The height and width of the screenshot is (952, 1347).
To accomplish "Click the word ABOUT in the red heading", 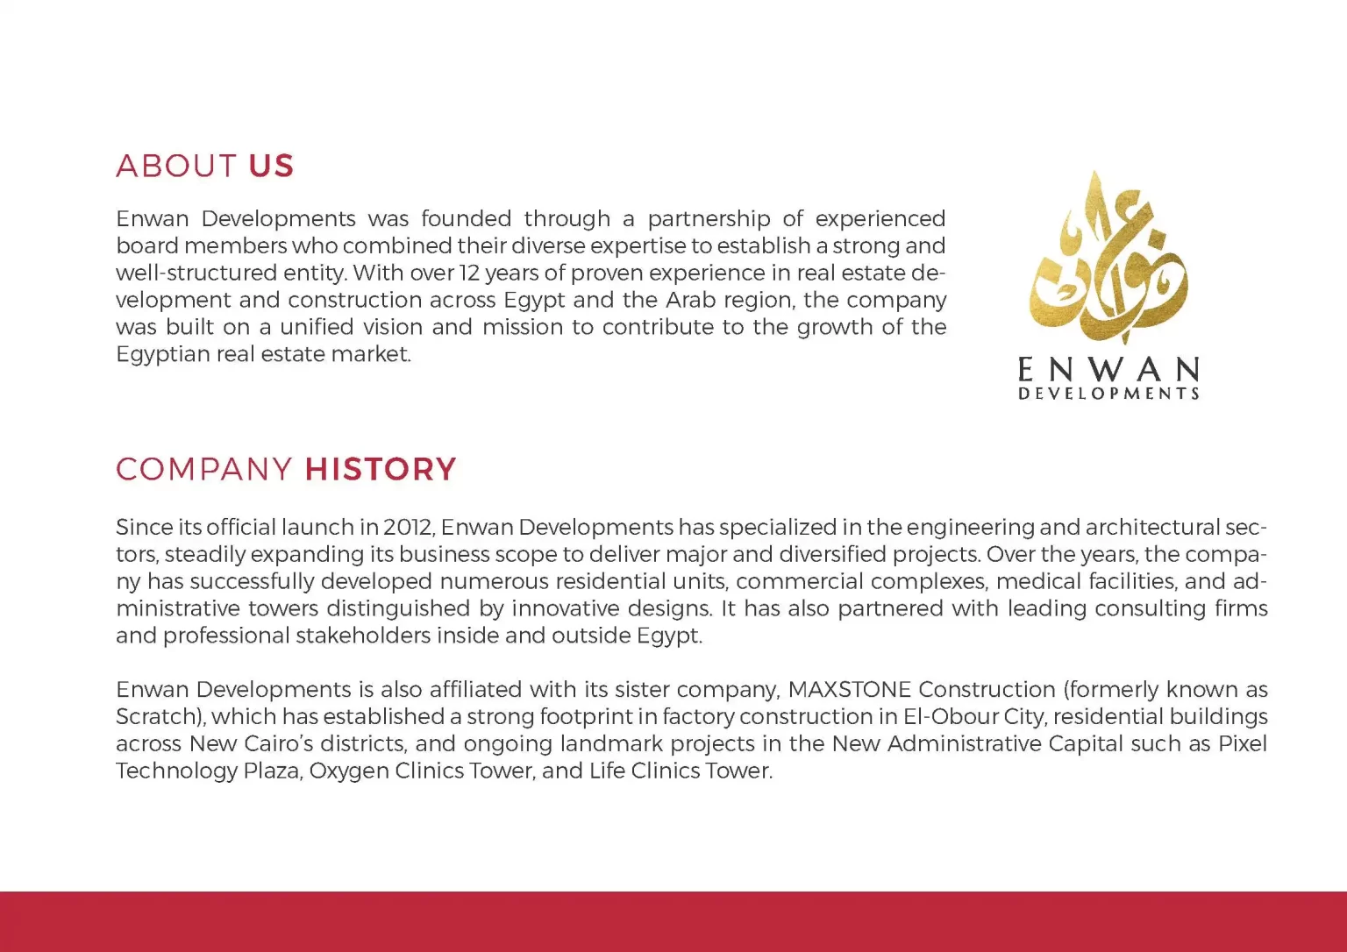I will [x=175, y=166].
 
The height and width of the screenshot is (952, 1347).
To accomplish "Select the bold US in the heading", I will [x=271, y=166].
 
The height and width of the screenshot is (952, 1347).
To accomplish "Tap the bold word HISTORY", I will [x=381, y=469].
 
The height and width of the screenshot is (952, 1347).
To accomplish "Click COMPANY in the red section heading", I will [x=203, y=469].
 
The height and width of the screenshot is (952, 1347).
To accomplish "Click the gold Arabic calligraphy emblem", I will [x=1109, y=259].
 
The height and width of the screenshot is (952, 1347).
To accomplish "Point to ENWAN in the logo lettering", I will [x=1108, y=369].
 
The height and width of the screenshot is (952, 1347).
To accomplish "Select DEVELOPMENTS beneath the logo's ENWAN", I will [x=1108, y=394].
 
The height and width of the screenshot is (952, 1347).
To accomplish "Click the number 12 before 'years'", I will [x=469, y=273].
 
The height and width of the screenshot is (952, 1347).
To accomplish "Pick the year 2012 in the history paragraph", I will [x=408, y=527].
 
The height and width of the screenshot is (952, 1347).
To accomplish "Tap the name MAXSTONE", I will [x=849, y=689].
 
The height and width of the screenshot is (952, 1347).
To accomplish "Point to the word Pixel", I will [x=1242, y=743].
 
